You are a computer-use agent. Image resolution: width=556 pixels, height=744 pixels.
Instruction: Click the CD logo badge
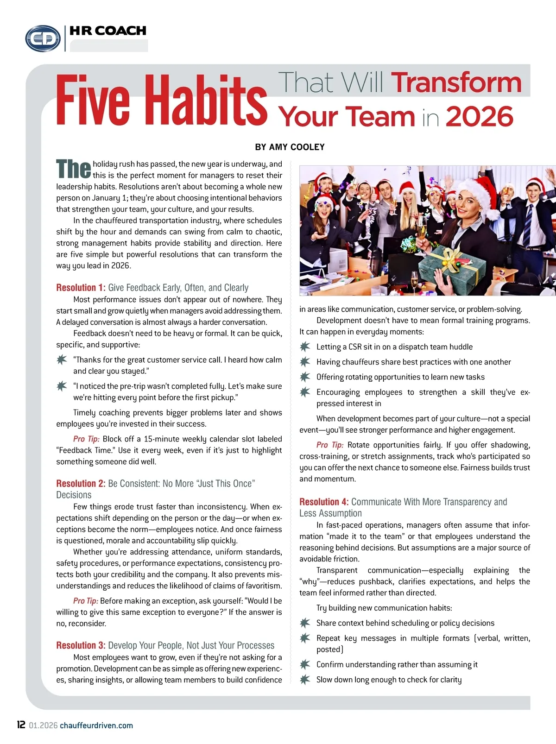[43, 38]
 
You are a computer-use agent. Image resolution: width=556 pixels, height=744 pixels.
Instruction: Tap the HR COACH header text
[107, 31]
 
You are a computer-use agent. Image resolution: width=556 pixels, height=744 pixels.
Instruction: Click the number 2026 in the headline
[480, 116]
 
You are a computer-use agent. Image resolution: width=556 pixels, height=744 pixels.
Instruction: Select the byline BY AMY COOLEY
[290, 147]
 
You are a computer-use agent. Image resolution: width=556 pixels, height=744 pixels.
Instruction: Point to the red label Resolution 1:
[81, 288]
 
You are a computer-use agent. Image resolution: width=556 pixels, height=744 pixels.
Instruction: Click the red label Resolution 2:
[81, 484]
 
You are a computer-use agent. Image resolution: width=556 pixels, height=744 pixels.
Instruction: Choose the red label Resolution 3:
[81, 645]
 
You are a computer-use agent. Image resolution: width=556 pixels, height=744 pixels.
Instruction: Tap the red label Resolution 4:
[324, 502]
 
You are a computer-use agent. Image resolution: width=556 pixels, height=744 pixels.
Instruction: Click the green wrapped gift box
[452, 269]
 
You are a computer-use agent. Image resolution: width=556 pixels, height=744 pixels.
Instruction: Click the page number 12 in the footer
[21, 725]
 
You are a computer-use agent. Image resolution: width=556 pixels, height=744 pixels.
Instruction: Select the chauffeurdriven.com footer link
[96, 725]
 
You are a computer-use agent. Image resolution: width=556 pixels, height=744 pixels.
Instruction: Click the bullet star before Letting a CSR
[305, 347]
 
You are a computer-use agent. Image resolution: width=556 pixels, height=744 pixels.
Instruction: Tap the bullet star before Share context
[305, 623]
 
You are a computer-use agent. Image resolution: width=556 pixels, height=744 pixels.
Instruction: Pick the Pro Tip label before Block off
[86, 439]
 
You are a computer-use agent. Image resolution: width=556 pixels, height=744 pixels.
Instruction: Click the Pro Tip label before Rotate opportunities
[330, 445]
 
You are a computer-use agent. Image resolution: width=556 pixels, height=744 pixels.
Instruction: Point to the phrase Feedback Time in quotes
[85, 450]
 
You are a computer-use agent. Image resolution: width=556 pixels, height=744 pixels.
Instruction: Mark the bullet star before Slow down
[305, 679]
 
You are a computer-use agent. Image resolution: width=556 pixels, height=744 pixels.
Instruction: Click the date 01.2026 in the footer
[43, 725]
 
